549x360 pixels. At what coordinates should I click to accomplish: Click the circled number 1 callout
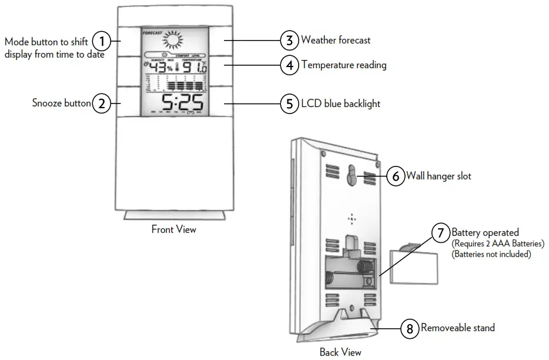pos(102,41)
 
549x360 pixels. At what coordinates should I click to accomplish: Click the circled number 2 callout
pos(102,104)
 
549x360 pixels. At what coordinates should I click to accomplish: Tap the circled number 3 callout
pos(289,41)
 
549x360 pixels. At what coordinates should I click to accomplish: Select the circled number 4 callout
pos(289,65)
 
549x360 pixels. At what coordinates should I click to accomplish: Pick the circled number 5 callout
pos(289,104)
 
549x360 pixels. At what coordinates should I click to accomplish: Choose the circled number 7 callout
pos(440,233)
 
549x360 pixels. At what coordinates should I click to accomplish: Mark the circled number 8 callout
pos(410,328)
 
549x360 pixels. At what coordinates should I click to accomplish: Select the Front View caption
pos(174,229)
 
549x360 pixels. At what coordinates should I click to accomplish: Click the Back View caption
pos(340,352)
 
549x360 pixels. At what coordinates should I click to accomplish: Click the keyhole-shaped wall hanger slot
pos(352,175)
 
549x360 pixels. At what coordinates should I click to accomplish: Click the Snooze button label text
pos(61,104)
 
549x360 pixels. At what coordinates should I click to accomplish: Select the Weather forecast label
pos(336,41)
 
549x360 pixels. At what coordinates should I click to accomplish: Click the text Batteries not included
pos(491,254)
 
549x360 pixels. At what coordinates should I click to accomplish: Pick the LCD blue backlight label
pos(340,104)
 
